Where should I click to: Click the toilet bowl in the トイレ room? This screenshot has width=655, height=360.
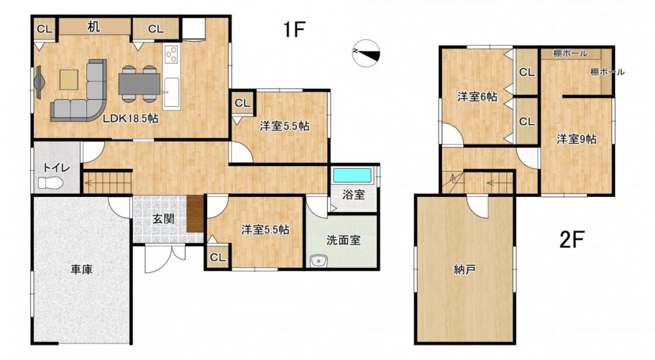coord(50,183)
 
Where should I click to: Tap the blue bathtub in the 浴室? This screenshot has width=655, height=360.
coord(352,175)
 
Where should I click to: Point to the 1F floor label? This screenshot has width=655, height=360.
coord(294,29)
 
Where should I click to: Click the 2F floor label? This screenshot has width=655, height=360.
coord(571,240)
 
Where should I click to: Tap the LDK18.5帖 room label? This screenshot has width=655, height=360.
coord(130,118)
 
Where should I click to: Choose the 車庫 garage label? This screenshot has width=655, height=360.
coord(81,270)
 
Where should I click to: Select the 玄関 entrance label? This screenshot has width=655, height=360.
coord(163,219)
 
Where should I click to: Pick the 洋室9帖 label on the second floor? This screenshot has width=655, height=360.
coord(576,139)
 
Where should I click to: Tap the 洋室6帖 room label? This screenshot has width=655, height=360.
coord(477,97)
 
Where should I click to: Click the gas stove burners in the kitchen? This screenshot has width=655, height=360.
coord(171,54)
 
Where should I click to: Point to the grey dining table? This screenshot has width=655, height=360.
coord(139,84)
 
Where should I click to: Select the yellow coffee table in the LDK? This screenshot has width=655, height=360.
coord(69,79)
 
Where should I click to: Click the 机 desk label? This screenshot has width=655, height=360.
coord(93,27)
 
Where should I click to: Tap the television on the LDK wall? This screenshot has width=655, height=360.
coord(38,82)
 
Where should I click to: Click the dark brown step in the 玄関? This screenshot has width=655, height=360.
coord(195,214)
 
